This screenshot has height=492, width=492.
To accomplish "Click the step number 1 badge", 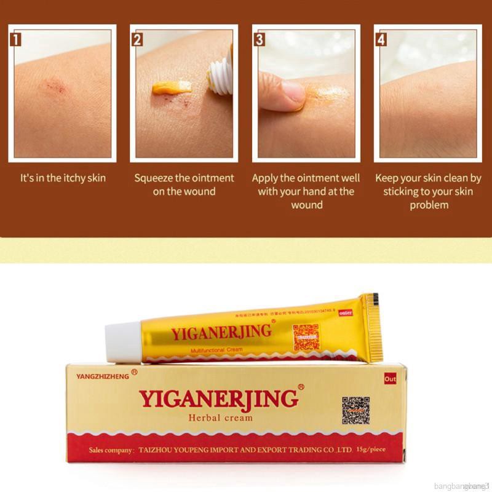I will pyautogui.click(x=18, y=41).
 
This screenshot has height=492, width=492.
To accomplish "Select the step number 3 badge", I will pyautogui.click(x=260, y=41).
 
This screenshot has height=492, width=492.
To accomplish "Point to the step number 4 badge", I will pyautogui.click(x=381, y=41).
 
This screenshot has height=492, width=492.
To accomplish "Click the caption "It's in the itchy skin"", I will pyautogui.click(x=63, y=178).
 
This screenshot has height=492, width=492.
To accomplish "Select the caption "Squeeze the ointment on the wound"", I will pyautogui.click(x=184, y=184).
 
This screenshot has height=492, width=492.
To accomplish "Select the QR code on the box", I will pyautogui.click(x=355, y=410).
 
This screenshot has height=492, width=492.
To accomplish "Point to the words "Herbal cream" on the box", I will pyautogui.click(x=220, y=418).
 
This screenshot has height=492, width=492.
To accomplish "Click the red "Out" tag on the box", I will pyautogui.click(x=390, y=379).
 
